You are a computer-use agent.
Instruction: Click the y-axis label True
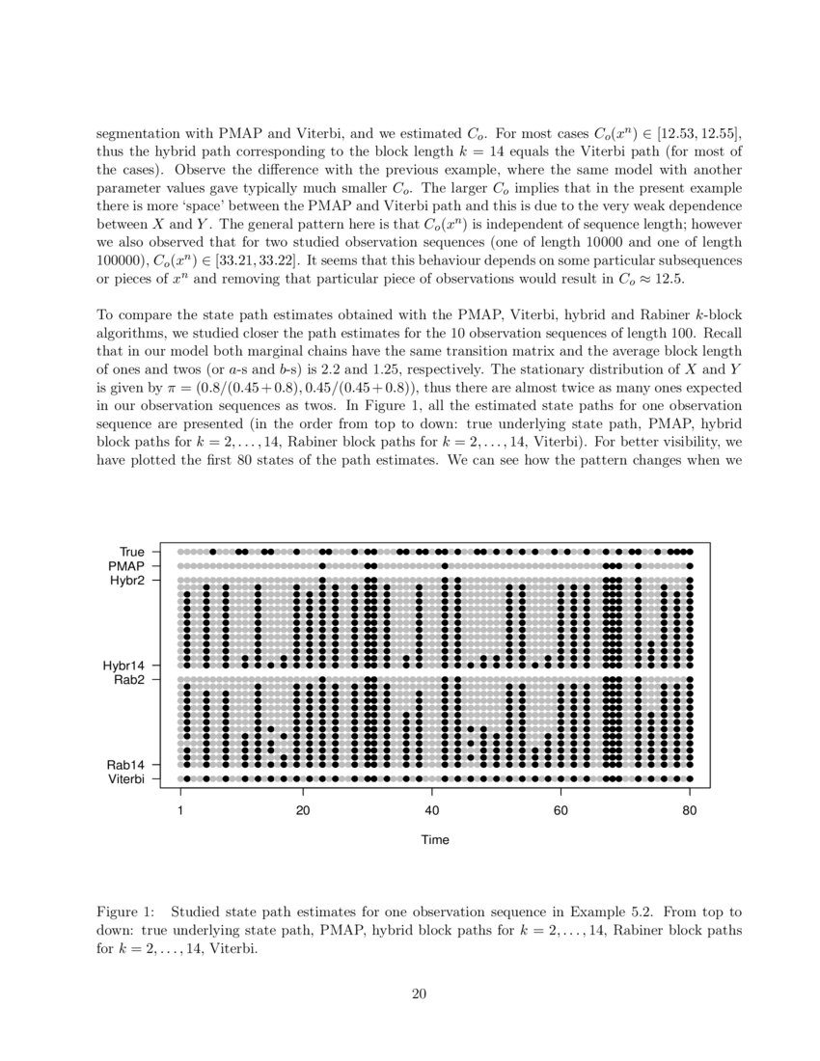pyautogui.click(x=132, y=552)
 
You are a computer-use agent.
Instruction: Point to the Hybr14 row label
pyautogui.click(x=124, y=666)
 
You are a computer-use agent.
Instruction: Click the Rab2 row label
pyautogui.click(x=129, y=680)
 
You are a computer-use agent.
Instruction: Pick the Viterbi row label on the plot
pyautogui.click(x=127, y=779)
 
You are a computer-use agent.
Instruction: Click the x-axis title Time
pyautogui.click(x=435, y=840)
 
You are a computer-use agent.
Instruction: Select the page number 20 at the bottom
pyautogui.click(x=419, y=995)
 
